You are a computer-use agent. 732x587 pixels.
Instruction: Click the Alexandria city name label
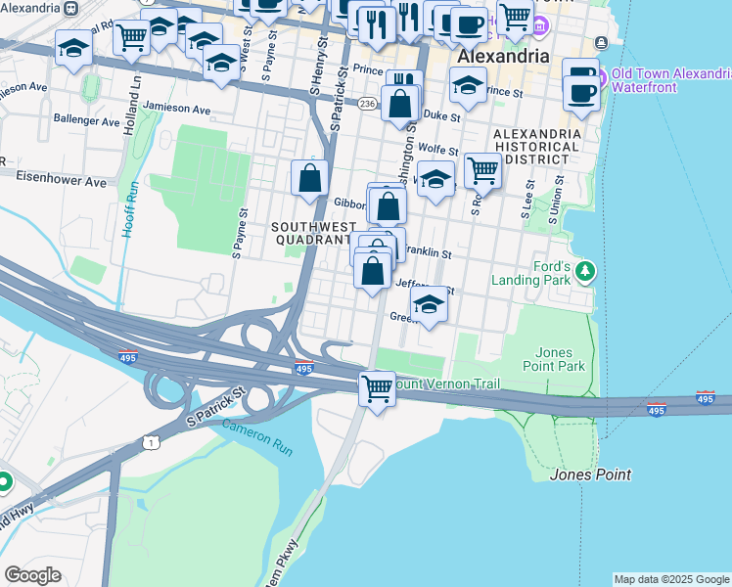click(503, 57)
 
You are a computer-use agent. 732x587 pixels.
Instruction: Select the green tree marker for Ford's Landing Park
click(585, 270)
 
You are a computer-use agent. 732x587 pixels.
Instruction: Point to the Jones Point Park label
click(561, 359)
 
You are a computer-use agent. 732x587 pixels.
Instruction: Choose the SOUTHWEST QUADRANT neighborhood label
click(310, 233)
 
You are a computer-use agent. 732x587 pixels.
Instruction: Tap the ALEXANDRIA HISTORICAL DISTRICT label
click(531, 146)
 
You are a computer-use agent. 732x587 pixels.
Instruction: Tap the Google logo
click(33, 575)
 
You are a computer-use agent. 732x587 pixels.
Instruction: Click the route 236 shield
click(367, 103)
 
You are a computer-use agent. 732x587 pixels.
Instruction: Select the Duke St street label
click(441, 115)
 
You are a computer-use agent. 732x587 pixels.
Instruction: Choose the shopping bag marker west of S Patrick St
click(309, 178)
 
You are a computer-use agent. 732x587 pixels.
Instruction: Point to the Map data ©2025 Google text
click(671, 579)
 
